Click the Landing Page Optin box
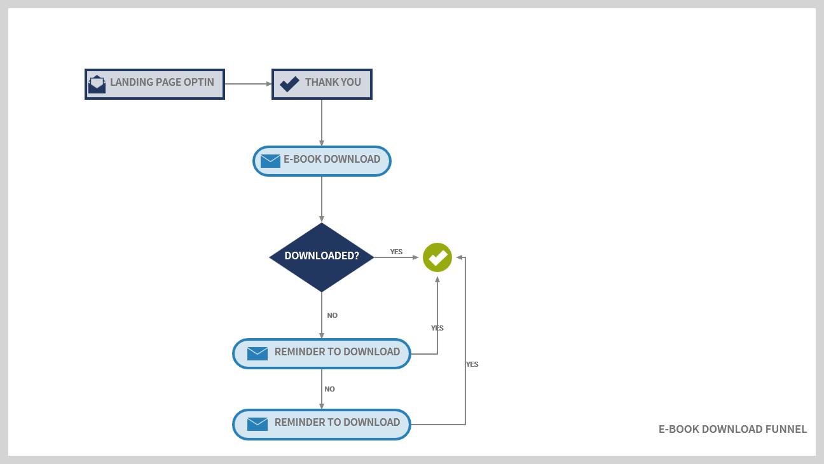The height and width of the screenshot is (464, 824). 154,84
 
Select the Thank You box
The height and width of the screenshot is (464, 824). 322,84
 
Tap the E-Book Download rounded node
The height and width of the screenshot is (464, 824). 322,161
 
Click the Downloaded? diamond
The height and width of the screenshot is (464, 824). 322,257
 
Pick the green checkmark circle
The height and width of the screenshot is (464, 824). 437,257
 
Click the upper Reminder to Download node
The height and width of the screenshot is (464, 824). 322,353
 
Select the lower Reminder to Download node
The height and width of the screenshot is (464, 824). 322,424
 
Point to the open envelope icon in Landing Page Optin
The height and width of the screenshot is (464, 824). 97,84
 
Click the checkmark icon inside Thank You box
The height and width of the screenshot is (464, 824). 289,84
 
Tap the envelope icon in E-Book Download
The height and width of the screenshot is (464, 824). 270,161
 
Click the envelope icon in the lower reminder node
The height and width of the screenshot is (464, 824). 257,424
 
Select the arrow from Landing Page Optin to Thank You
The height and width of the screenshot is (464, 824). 248,84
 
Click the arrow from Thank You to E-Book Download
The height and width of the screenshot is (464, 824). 322,123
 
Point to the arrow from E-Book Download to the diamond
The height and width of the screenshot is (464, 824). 322,199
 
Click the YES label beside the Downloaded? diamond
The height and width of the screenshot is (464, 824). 396,252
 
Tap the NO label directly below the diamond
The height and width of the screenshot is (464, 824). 332,315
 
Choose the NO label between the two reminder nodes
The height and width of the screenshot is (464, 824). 329,389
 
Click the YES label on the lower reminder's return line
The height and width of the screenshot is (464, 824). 472,364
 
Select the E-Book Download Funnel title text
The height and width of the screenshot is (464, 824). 732,429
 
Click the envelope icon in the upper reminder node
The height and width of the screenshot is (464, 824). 257,353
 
